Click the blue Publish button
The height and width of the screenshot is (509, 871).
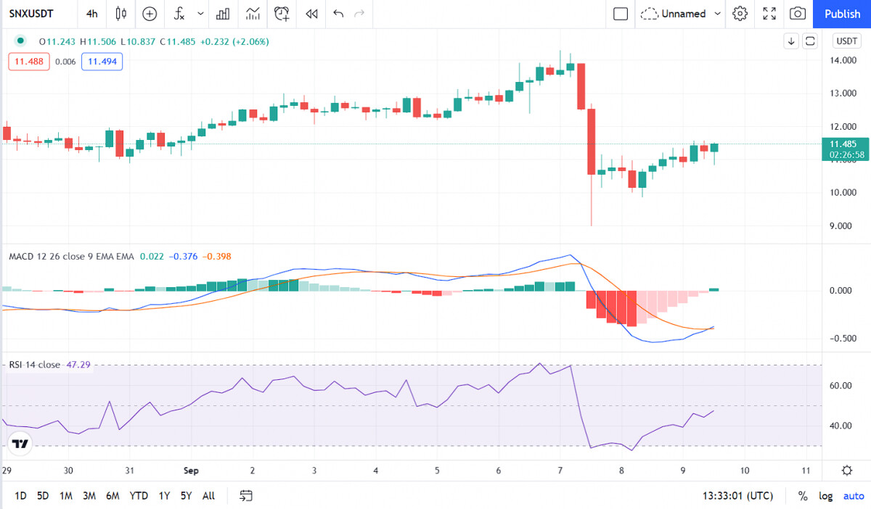(x=842, y=14)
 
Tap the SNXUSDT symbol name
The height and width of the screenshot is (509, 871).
(x=31, y=14)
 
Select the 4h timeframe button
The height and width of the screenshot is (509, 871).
(x=91, y=14)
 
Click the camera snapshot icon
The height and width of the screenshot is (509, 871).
(x=798, y=14)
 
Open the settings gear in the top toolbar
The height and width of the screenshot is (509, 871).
(x=740, y=14)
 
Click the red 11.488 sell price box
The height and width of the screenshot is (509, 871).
(x=29, y=62)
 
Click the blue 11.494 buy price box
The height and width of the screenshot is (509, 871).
(x=102, y=62)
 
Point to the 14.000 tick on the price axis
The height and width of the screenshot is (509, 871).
(x=843, y=60)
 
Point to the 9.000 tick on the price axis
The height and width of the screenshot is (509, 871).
(x=841, y=225)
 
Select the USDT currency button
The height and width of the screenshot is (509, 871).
(x=846, y=41)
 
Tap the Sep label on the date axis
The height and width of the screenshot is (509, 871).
(x=191, y=471)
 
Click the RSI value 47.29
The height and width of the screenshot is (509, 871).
(x=78, y=365)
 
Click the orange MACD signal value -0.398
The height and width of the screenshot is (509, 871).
(x=216, y=257)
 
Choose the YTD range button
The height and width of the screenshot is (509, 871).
(x=139, y=496)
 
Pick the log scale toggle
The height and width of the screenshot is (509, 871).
(x=825, y=496)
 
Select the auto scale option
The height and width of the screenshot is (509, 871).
(x=854, y=496)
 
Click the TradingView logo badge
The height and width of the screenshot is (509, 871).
(x=20, y=443)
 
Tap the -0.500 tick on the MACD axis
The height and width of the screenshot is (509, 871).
(x=843, y=339)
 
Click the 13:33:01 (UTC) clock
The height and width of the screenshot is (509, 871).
(x=737, y=496)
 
